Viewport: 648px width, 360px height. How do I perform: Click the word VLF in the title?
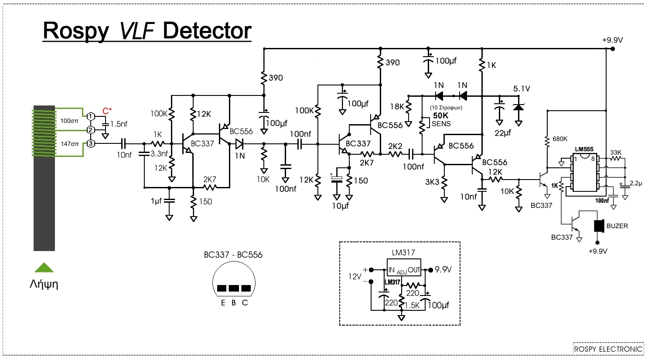coord(137,31)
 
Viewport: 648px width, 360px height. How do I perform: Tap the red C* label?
coord(107,111)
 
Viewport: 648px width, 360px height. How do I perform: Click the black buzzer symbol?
coord(599,226)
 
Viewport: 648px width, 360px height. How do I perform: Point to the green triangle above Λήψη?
coord(44,268)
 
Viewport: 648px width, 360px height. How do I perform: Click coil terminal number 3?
coord(91,143)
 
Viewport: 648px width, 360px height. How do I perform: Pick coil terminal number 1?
coord(91,116)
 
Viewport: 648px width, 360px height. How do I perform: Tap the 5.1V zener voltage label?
coord(522,89)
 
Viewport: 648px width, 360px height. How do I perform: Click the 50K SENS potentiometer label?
coord(441,119)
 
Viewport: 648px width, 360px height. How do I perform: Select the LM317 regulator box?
coord(403,267)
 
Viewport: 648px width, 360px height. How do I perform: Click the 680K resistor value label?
coord(560,139)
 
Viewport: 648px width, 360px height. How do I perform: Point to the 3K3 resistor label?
coord(432,182)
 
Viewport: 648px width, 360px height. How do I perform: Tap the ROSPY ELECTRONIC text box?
coord(608,349)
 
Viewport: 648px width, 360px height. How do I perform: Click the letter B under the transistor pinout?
coord(233,303)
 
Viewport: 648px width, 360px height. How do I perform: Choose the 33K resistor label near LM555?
coord(616,153)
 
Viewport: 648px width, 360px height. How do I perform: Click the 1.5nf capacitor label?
coord(119,124)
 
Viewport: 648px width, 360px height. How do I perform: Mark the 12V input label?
coord(355,277)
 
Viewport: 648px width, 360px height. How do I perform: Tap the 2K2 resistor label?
coord(395,146)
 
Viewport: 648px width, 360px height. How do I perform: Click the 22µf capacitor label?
coord(503,133)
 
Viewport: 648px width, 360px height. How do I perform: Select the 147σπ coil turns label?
coord(70,144)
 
